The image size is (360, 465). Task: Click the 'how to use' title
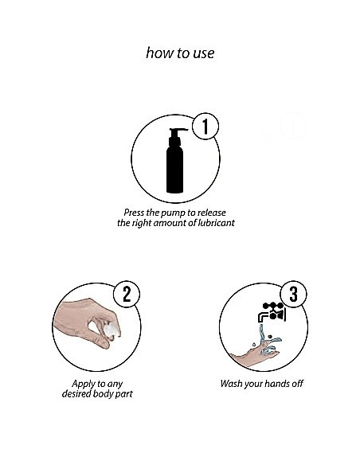tap(180, 53)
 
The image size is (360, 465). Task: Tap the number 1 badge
tap(205, 127)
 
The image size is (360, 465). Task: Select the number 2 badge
tap(127, 294)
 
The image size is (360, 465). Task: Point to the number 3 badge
tap(293, 294)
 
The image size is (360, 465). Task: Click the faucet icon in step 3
tap(272, 312)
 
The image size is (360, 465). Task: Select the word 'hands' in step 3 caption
tap(275, 384)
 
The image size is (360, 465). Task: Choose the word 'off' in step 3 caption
tap(297, 384)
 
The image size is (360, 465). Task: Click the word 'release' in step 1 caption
tap(212, 213)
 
